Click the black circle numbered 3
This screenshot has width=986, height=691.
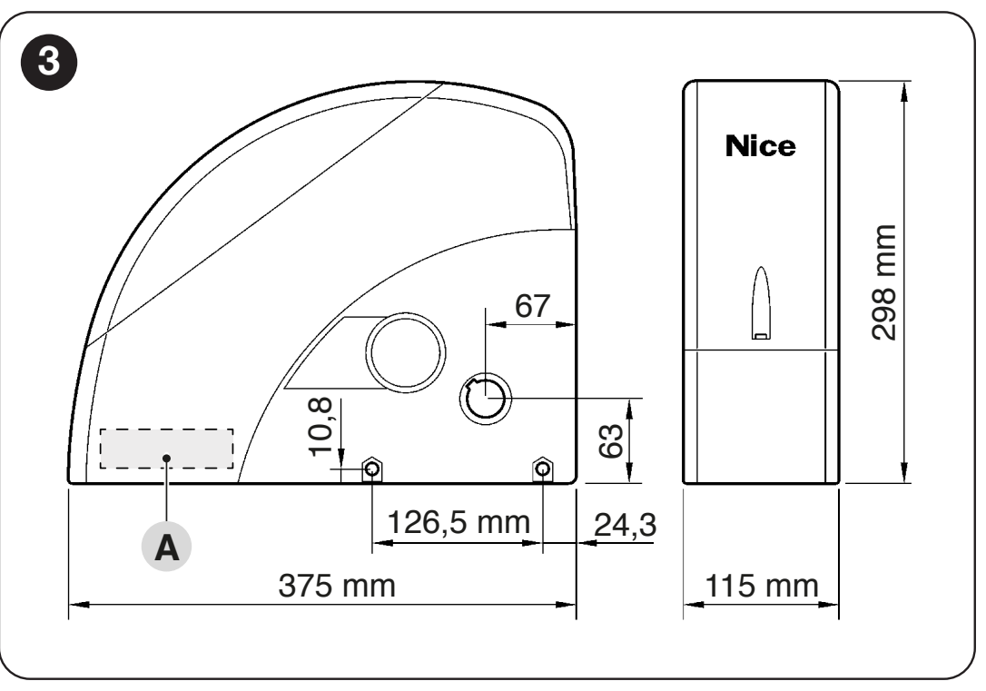[x=49, y=63]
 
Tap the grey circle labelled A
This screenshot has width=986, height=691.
[x=167, y=547]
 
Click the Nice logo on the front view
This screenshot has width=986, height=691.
[x=760, y=146]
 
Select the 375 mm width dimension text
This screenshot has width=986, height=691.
[x=337, y=586]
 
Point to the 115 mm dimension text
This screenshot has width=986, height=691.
[x=762, y=586]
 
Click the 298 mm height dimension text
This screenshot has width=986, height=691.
[x=883, y=282]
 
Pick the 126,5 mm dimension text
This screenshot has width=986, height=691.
[x=458, y=522]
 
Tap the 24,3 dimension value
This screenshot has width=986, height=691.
[x=625, y=525]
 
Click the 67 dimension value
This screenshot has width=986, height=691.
[x=533, y=306]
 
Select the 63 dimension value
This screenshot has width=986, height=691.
[x=611, y=440]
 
